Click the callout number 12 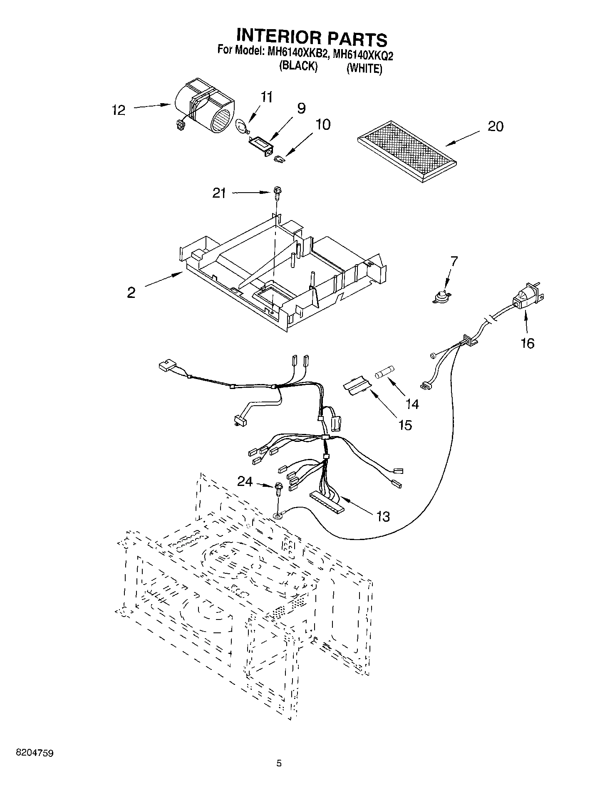pyautogui.click(x=119, y=110)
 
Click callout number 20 pyautogui.click(x=495, y=126)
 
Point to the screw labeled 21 pyautogui.click(x=277, y=193)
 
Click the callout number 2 pyautogui.click(x=131, y=292)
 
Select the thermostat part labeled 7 pyautogui.click(x=443, y=296)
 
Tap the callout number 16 pyautogui.click(x=528, y=344)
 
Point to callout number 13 pyautogui.click(x=383, y=517)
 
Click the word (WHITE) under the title pyautogui.click(x=364, y=69)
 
